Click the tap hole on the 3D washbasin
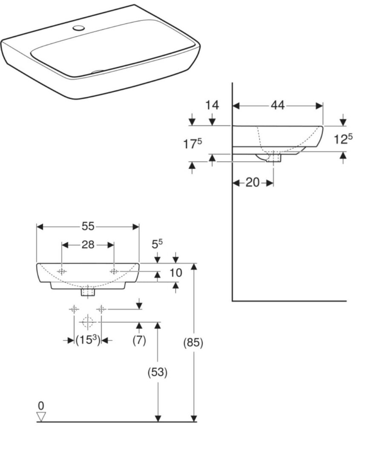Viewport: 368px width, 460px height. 78,29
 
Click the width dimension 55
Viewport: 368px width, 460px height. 88,226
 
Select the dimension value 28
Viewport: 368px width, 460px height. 88,245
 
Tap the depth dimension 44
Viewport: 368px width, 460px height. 278,106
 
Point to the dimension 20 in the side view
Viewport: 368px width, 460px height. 253,182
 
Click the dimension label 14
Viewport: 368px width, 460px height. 212,105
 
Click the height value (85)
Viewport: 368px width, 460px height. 193,342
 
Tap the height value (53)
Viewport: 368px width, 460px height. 157,372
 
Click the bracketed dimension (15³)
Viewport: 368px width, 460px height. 87,340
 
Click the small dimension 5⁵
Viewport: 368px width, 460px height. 157,244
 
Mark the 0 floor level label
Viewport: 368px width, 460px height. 41,405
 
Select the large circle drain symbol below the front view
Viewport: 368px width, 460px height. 87,322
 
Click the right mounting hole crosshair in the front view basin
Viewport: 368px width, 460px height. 114,271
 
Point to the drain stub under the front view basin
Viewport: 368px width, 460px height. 88,292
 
